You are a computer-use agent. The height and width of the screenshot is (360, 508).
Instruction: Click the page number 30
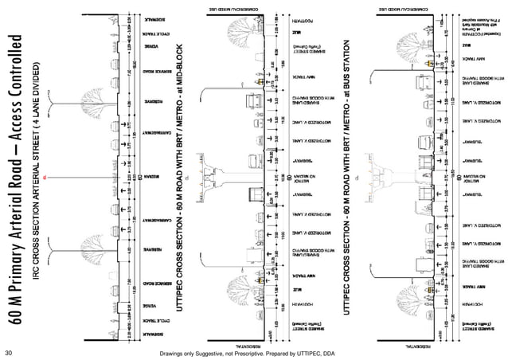point(9,351)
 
